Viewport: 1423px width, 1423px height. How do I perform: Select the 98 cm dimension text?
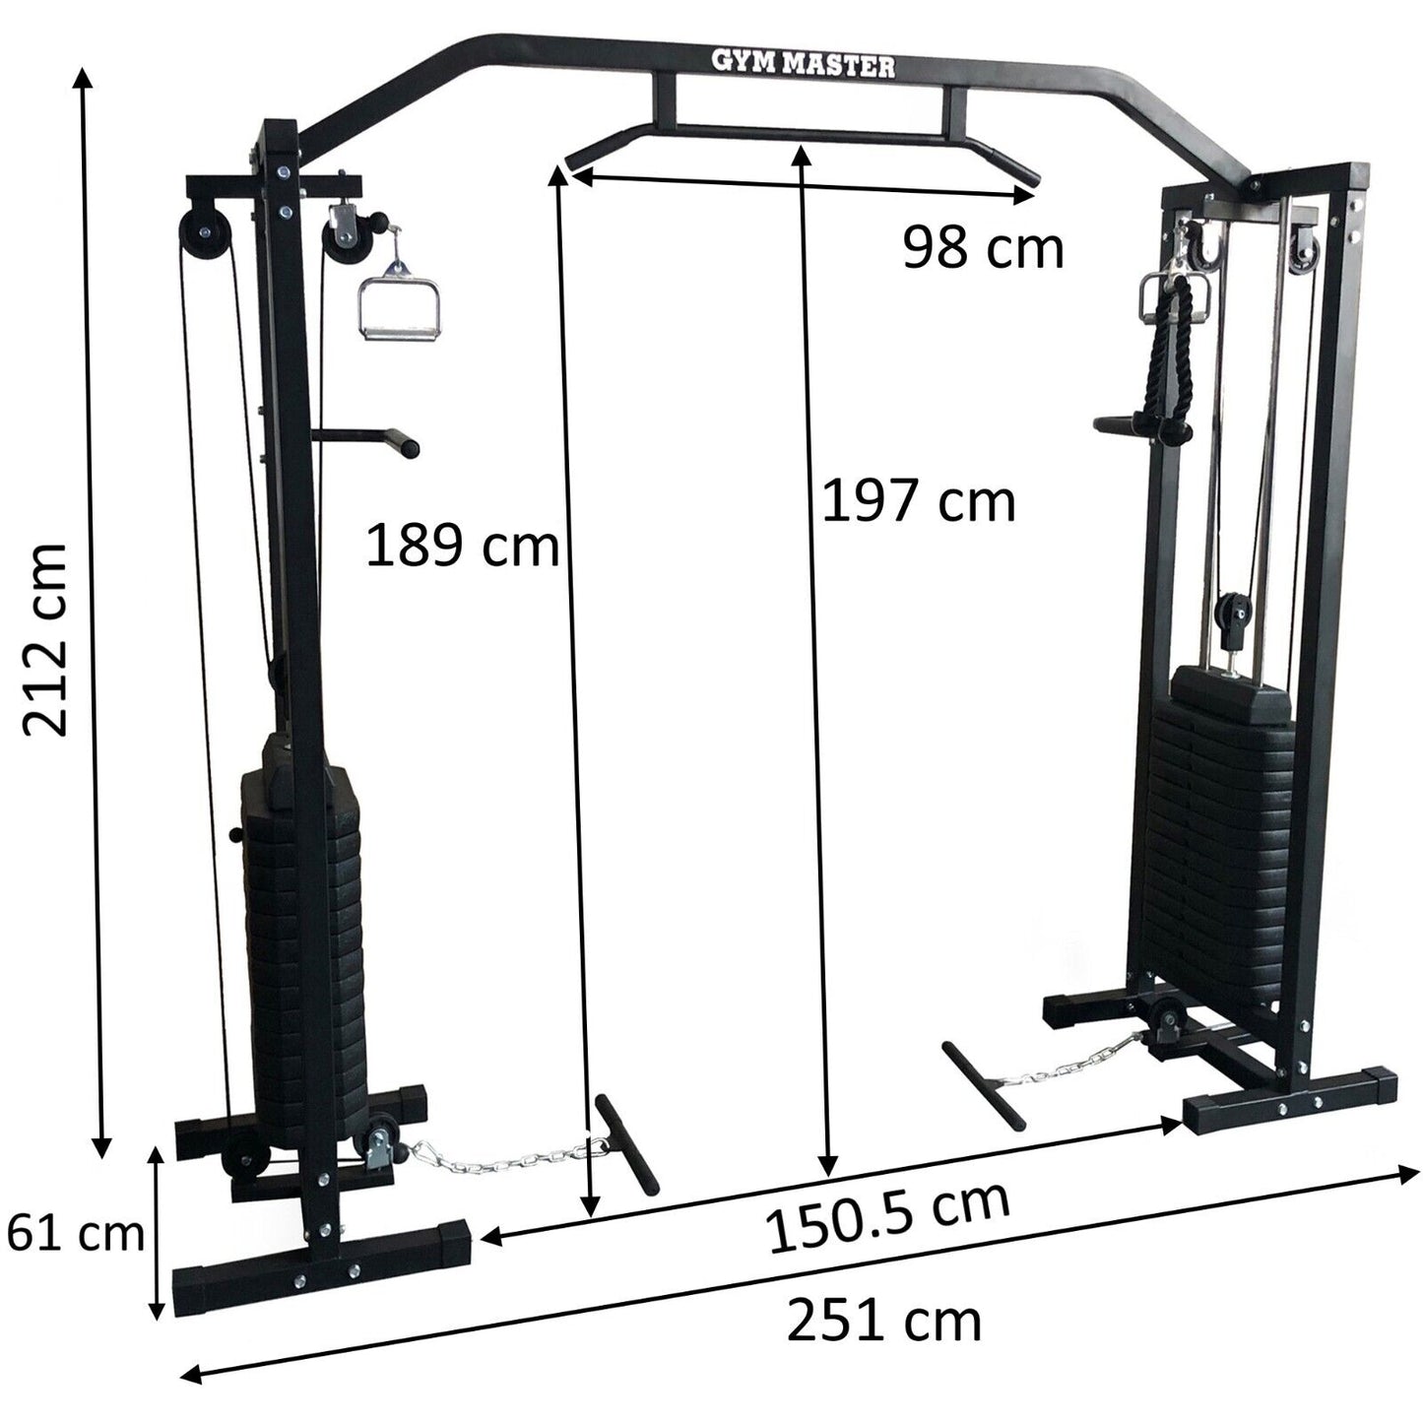(x=983, y=247)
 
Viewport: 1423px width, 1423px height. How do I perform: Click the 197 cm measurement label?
(x=918, y=500)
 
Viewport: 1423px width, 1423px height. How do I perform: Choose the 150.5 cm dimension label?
(x=888, y=1218)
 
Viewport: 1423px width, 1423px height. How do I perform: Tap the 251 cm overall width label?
(x=883, y=1321)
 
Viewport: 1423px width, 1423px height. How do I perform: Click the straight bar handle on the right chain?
(x=984, y=1083)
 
